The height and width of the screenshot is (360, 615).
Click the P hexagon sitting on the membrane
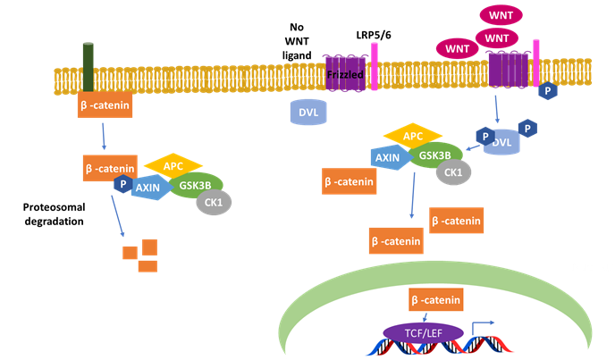pyautogui.click(x=544, y=91)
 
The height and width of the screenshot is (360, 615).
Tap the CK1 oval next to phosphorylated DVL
pyautogui.click(x=455, y=174)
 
